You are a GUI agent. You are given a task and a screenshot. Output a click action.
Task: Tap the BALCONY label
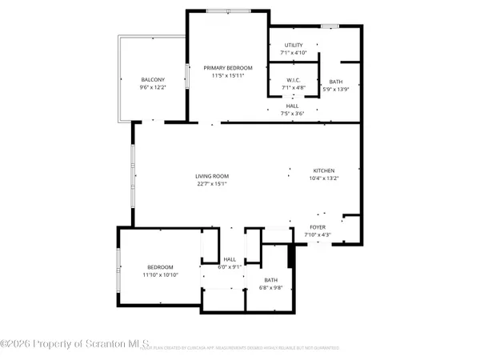pos(153,80)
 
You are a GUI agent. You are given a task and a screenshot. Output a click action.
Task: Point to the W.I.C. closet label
pos(294,80)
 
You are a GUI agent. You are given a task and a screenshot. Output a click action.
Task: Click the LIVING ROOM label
pos(213,176)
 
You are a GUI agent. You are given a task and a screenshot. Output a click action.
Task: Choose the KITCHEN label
pos(323,170)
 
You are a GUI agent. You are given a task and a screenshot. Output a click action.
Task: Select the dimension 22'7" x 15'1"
pos(213,183)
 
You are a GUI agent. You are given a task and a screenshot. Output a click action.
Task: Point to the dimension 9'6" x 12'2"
pos(153,87)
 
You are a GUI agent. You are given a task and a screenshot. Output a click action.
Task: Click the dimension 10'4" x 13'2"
pos(323,178)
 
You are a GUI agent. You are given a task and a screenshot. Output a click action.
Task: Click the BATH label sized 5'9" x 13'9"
pos(334,80)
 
